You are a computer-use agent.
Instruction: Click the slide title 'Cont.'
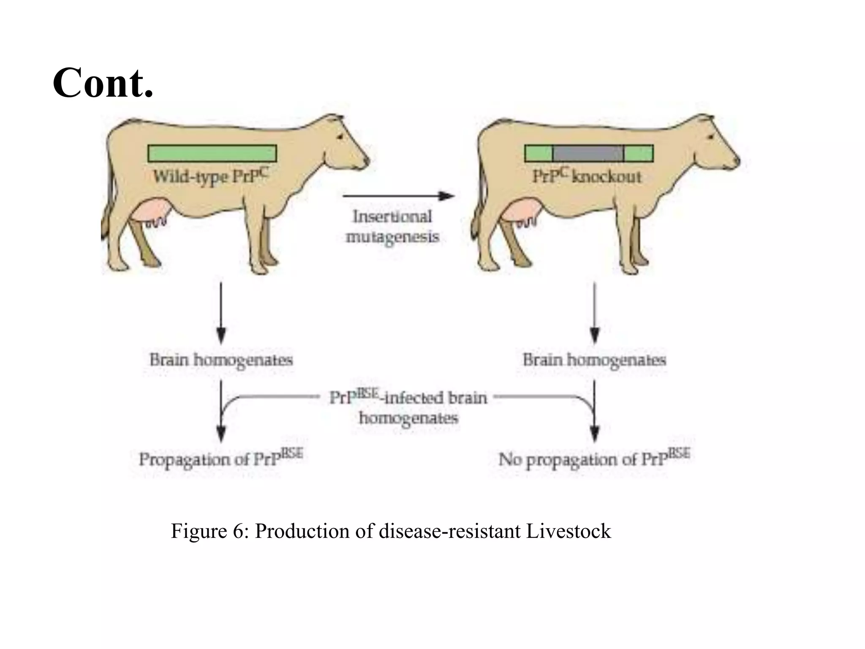(x=103, y=83)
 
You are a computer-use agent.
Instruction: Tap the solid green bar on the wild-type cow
(x=212, y=153)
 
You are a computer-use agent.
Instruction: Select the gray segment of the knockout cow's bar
(x=588, y=153)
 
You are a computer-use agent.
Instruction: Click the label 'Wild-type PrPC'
(x=210, y=176)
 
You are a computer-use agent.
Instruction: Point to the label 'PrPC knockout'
(x=587, y=176)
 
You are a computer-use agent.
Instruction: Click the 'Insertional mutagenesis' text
(x=392, y=227)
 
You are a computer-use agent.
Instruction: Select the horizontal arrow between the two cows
(x=398, y=196)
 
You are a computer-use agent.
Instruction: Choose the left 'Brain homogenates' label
(x=221, y=360)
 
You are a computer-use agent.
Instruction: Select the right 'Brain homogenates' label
(x=594, y=360)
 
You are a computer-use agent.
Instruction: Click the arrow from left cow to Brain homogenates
(x=221, y=313)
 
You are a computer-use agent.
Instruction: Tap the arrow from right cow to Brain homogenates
(x=594, y=313)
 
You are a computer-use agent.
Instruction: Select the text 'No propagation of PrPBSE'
(x=594, y=459)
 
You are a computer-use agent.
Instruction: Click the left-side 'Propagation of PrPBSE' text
(x=221, y=459)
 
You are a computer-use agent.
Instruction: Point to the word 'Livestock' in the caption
(x=568, y=531)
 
